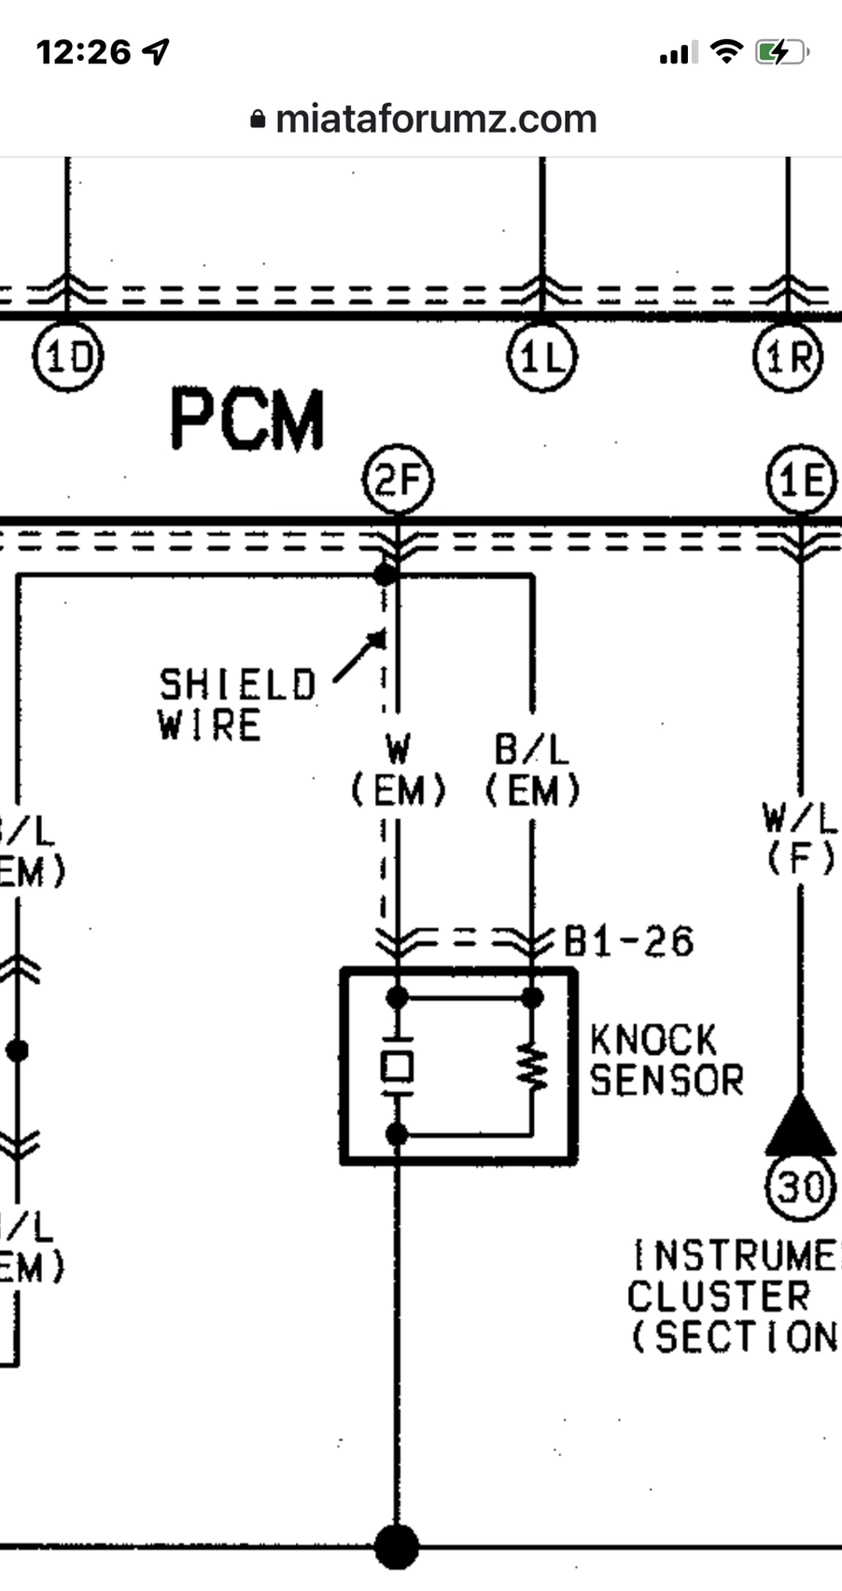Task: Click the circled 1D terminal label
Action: pos(68,357)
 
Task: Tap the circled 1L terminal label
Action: pos(542,357)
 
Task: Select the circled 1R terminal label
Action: pos(789,357)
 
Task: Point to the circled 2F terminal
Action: pos(398,481)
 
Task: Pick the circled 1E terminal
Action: pos(801,481)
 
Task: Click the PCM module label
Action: pos(247,420)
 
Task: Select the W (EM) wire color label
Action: pos(399,771)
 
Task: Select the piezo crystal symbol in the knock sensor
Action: pos(398,1066)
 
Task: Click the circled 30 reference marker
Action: pos(801,1188)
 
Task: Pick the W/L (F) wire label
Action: pos(801,838)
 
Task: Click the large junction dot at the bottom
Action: pos(397,1546)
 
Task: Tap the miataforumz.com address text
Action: pos(436,119)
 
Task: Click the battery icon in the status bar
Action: pos(780,52)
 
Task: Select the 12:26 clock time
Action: pos(84,52)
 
